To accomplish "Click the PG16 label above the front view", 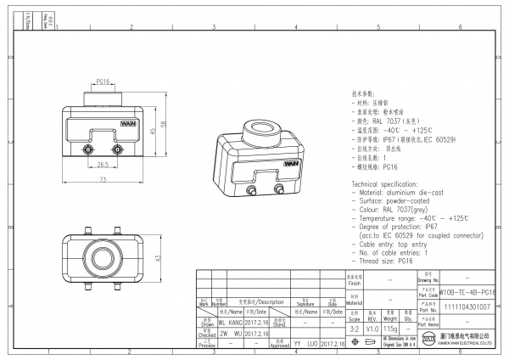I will click(x=103, y=82).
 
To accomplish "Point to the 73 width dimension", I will click(x=103, y=182).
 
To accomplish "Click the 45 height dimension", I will click(x=152, y=132).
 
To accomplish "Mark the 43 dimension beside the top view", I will click(x=158, y=257).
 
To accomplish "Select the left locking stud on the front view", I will click(x=89, y=150).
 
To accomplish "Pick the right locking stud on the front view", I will click(x=116, y=150).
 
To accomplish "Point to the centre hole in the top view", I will click(x=103, y=257).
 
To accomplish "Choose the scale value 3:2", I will click(x=355, y=328).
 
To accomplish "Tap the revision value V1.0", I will click(x=372, y=328).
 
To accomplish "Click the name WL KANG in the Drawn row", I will click(x=230, y=323).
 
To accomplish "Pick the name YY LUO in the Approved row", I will click(x=305, y=345).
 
